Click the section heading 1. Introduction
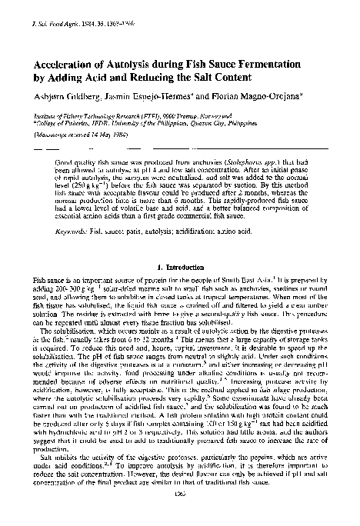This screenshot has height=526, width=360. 178,266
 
